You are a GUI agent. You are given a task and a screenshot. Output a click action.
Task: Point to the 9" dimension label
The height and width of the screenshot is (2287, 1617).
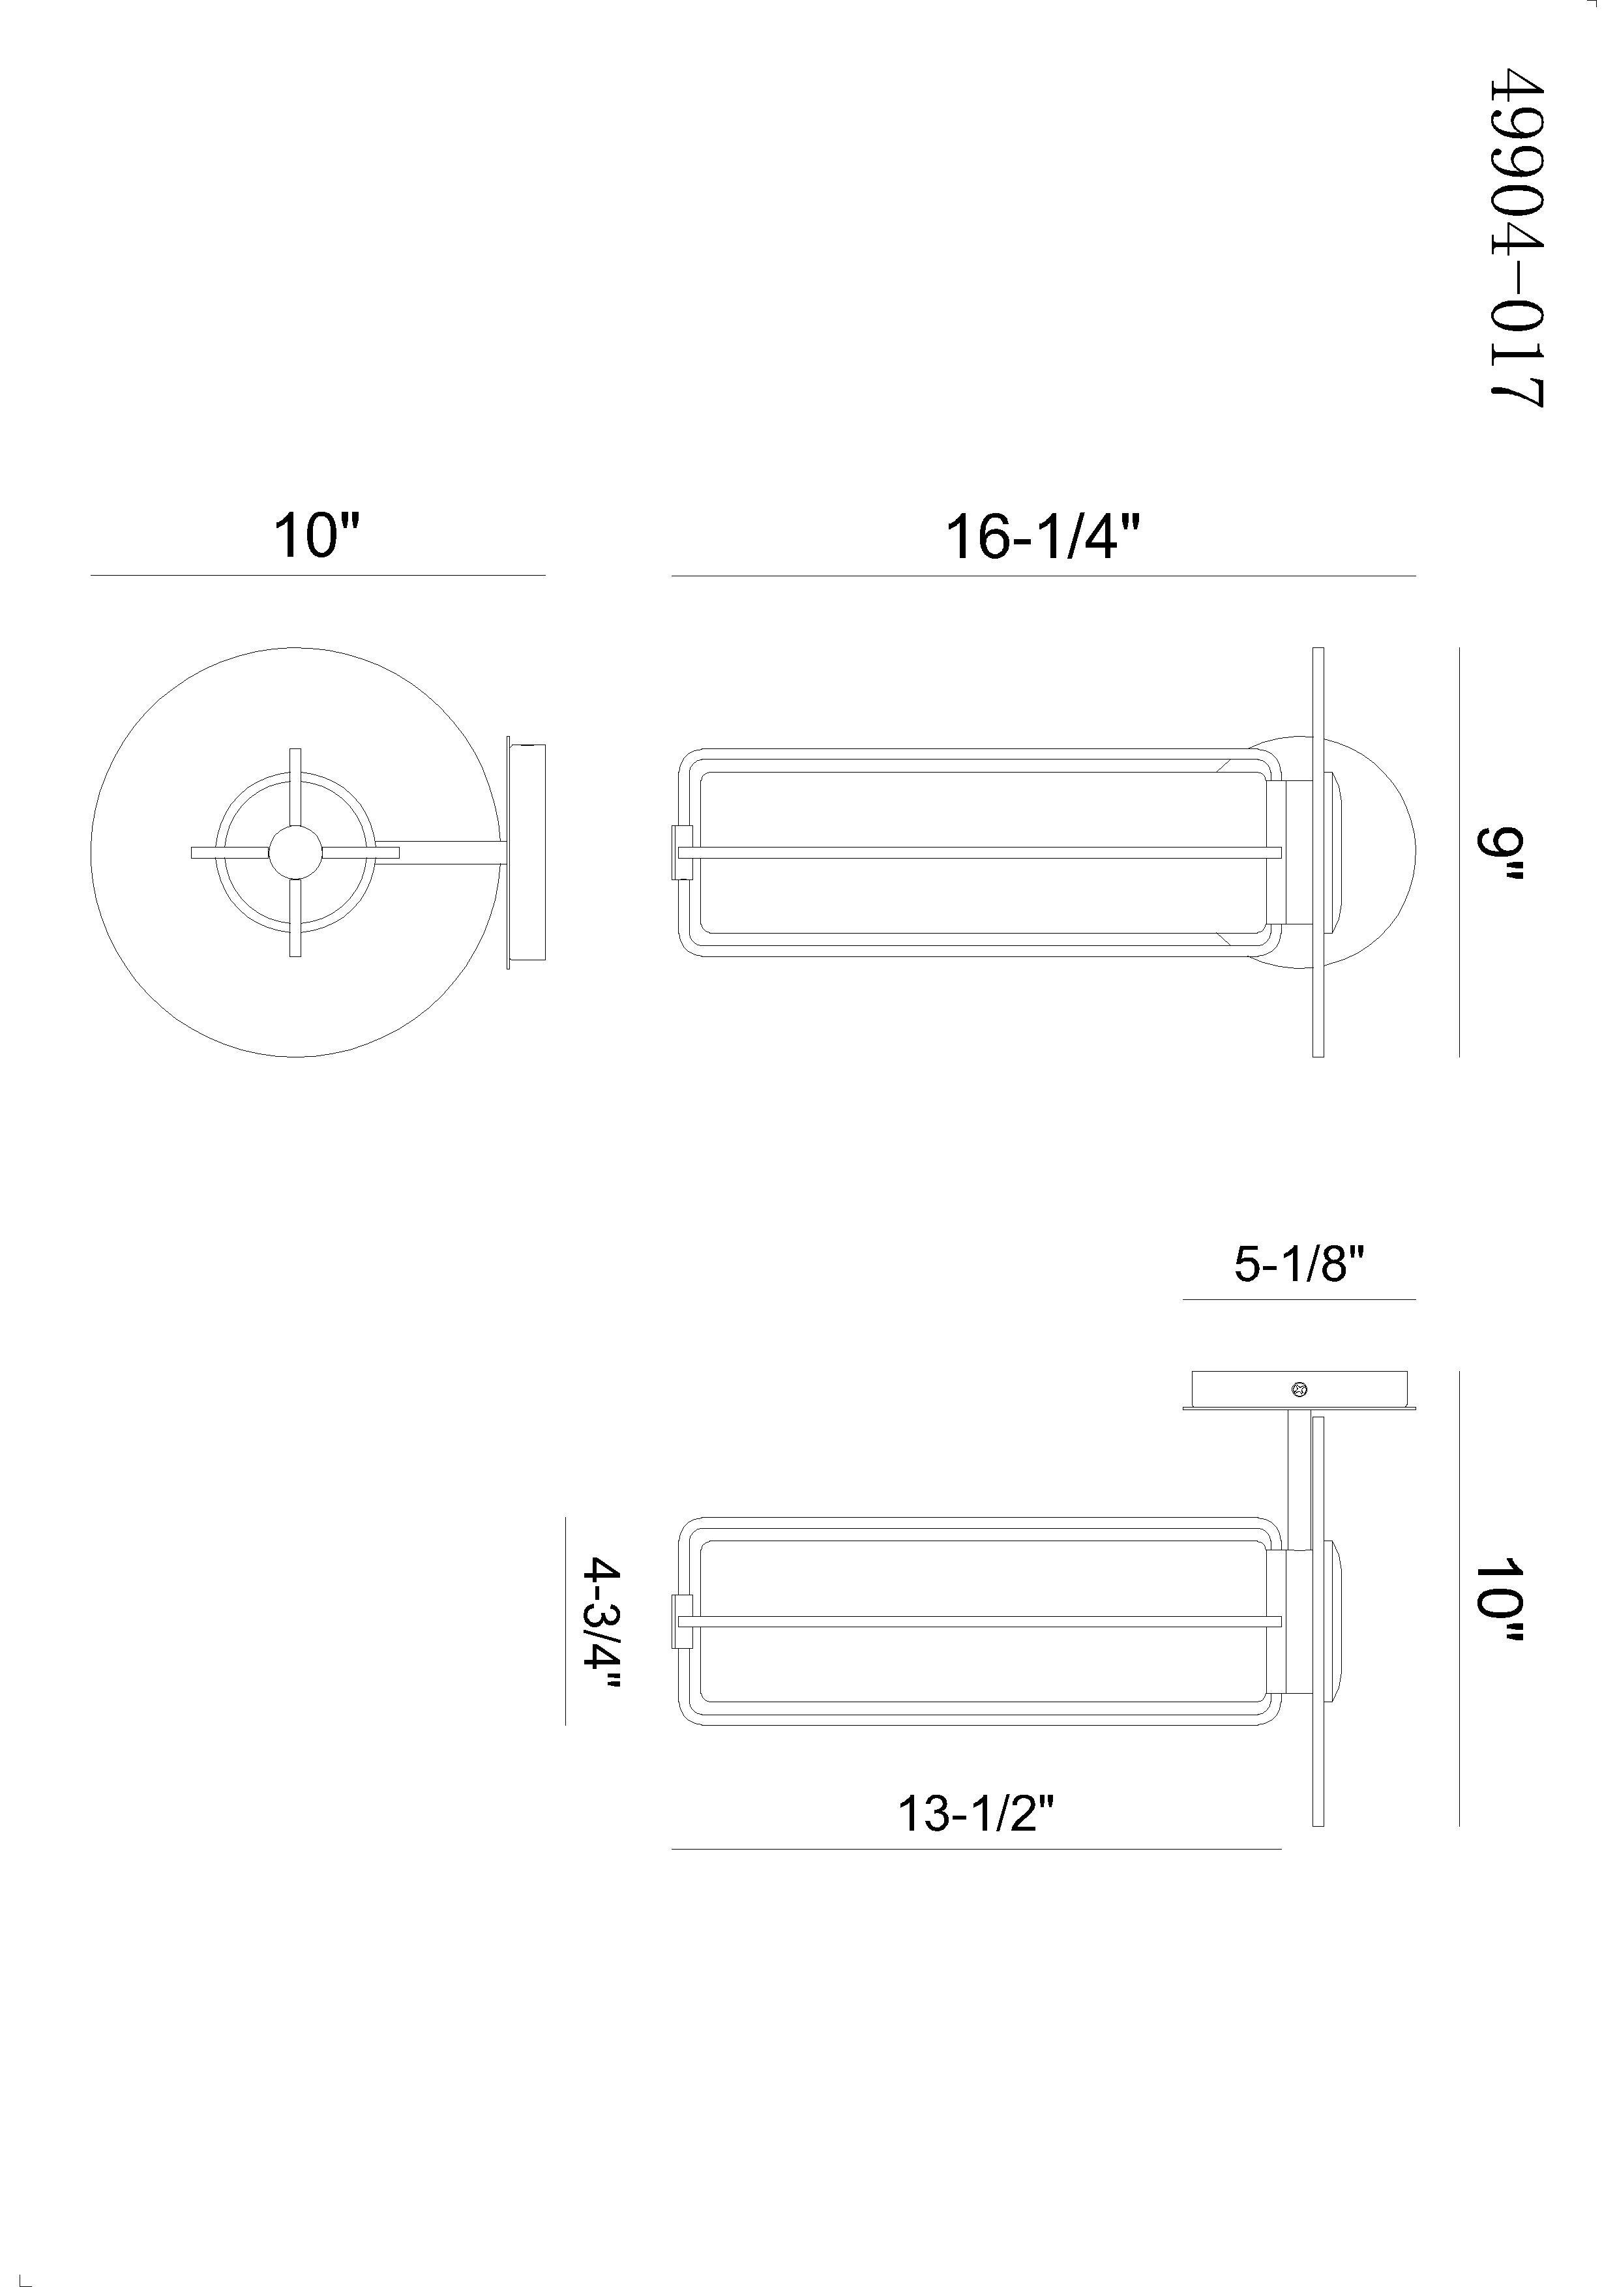pos(1500,851)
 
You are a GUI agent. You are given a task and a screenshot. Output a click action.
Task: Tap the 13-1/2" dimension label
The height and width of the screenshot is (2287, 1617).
pos(975,1813)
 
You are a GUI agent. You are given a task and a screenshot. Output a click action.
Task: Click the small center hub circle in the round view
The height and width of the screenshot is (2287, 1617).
pos(296,853)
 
